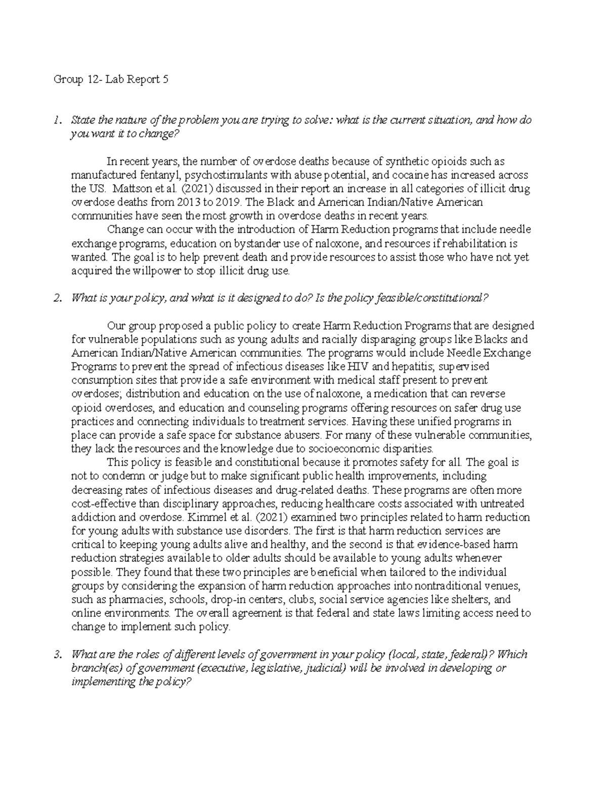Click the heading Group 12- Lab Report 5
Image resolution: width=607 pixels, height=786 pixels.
[111, 79]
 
